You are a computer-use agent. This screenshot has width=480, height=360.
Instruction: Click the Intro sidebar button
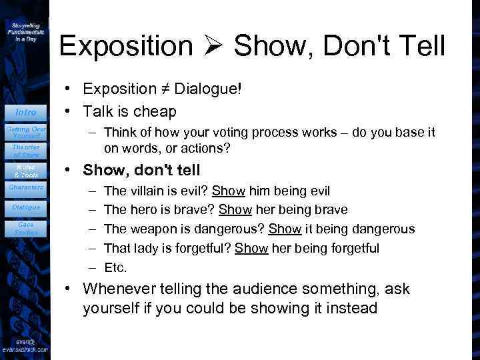pyautogui.click(x=26, y=112)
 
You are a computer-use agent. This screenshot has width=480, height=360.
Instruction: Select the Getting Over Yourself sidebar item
pyautogui.click(x=26, y=131)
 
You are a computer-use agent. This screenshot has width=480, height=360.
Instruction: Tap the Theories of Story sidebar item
pyautogui.click(x=26, y=151)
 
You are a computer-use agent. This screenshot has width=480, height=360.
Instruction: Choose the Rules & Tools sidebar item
pyautogui.click(x=26, y=171)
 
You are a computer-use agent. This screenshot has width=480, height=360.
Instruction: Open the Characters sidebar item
pyautogui.click(x=26, y=187)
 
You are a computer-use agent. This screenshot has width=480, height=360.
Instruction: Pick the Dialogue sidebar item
pyautogui.click(x=26, y=207)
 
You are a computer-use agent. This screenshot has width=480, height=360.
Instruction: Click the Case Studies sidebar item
pyautogui.click(x=26, y=229)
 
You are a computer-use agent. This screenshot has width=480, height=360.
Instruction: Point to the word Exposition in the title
pyautogui.click(x=125, y=46)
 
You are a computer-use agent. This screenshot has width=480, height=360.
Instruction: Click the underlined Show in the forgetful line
pyautogui.click(x=252, y=249)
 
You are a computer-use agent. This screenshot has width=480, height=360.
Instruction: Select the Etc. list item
pyautogui.click(x=116, y=267)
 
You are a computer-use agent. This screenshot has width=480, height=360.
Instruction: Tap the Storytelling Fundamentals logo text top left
pyautogui.click(x=26, y=31)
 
